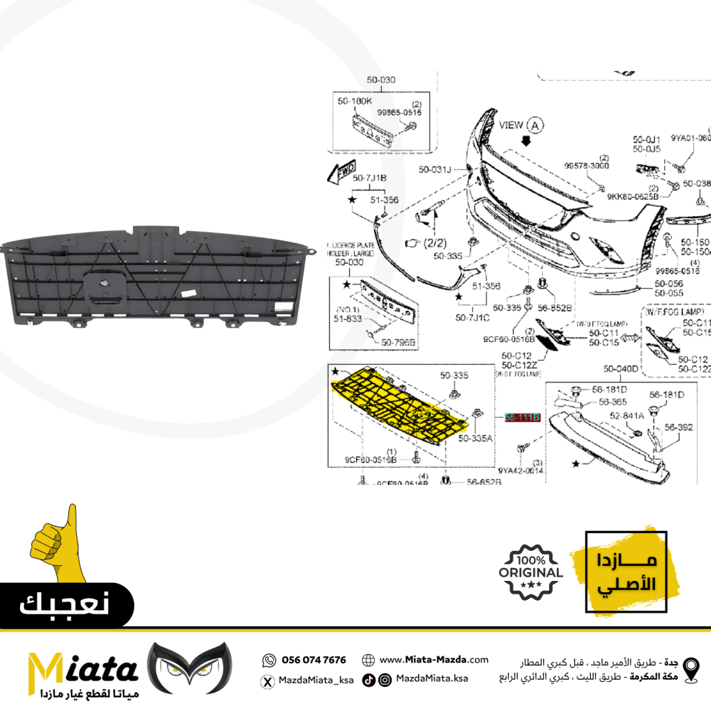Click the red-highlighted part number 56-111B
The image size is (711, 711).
pos(523,417)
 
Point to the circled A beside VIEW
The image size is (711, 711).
pos(534,125)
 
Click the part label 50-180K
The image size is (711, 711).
pos(354,102)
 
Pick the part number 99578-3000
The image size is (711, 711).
pos(587,166)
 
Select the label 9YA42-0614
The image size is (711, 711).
pos(520,471)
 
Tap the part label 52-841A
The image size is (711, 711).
pos(626,415)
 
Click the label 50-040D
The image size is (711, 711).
pos(621,369)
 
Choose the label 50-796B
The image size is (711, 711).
pos(398,343)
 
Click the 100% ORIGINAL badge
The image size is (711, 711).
pos(532,571)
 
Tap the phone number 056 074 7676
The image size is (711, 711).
pos(314,660)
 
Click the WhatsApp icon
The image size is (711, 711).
pos(269,661)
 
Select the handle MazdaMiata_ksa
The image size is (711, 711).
pos(314,680)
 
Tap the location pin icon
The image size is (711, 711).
pos(690,670)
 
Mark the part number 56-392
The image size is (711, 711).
pos(678,428)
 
